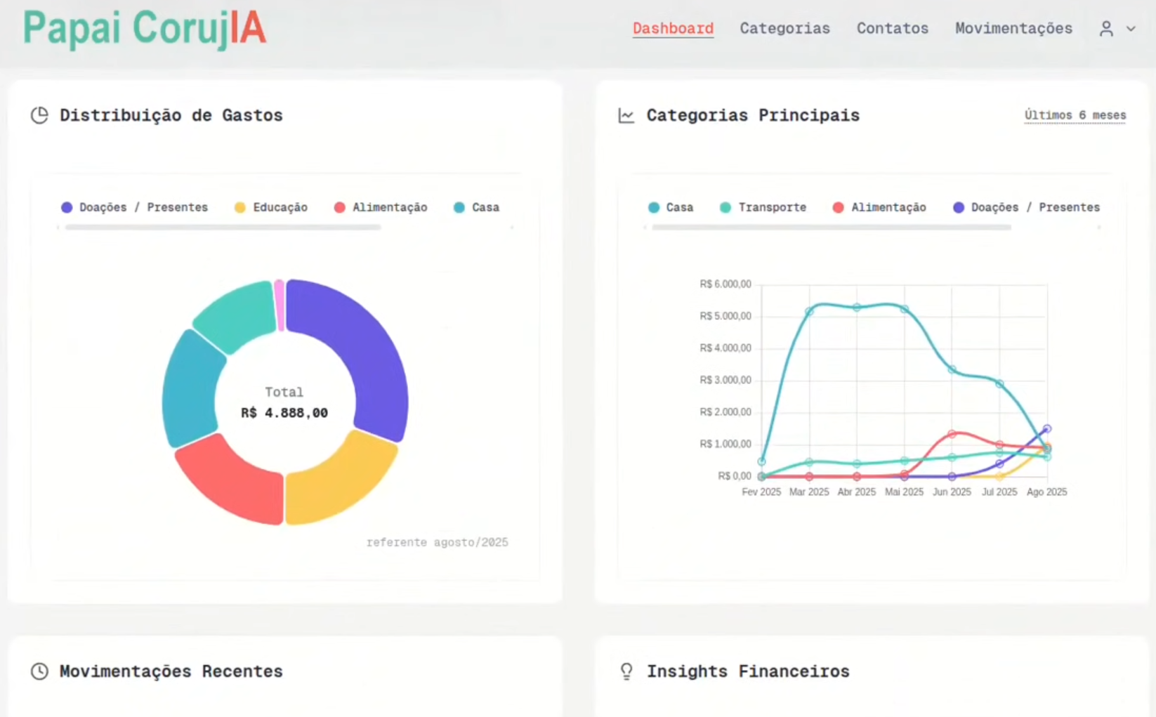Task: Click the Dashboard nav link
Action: pyautogui.click(x=673, y=29)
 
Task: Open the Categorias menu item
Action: pyautogui.click(x=784, y=29)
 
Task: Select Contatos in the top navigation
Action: pyautogui.click(x=892, y=29)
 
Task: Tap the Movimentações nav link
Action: pyautogui.click(x=1013, y=29)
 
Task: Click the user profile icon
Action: pyautogui.click(x=1106, y=29)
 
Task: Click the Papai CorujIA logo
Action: pyautogui.click(x=145, y=29)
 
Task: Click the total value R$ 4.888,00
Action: pyautogui.click(x=284, y=413)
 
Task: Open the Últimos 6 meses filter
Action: pyautogui.click(x=1075, y=115)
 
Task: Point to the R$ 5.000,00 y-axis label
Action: pyautogui.click(x=725, y=316)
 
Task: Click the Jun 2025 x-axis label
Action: pyautogui.click(x=952, y=492)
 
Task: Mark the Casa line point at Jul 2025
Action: pyautogui.click(x=999, y=383)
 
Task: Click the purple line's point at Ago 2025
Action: pyautogui.click(x=1047, y=428)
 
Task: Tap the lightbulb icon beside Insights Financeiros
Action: pyautogui.click(x=626, y=671)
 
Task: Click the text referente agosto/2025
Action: pyautogui.click(x=437, y=542)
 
